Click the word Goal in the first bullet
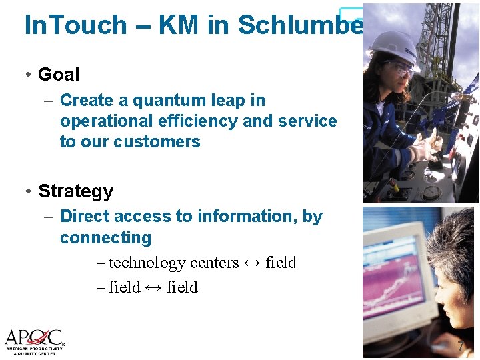click(x=59, y=75)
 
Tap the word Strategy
click(x=75, y=191)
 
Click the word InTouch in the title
click(x=75, y=25)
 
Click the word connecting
click(x=105, y=238)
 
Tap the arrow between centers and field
click(x=252, y=263)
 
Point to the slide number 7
click(x=461, y=347)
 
